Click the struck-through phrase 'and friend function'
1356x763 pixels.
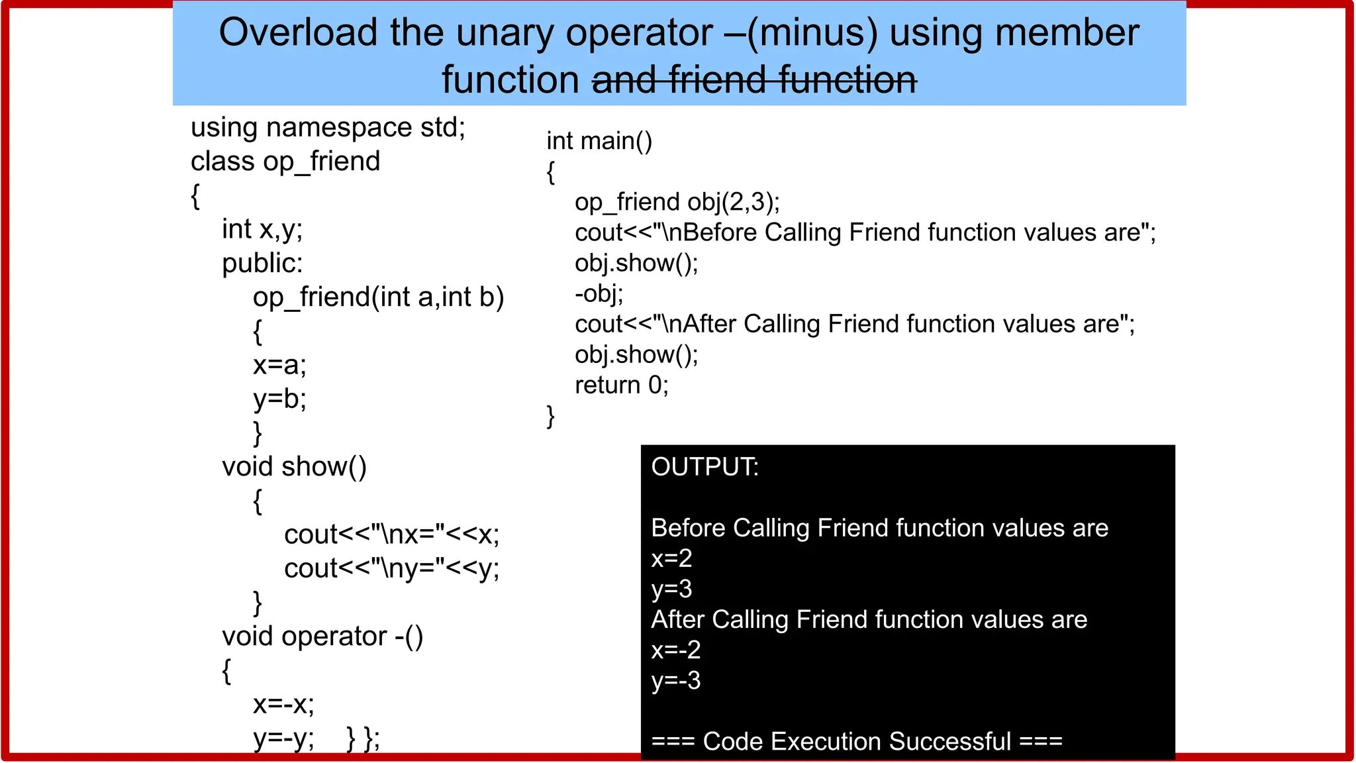tap(753, 80)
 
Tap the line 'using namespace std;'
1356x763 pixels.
tap(328, 127)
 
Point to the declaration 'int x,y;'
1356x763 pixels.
tap(262, 229)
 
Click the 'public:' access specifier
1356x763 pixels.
tap(262, 264)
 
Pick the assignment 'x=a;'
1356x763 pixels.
tap(279, 365)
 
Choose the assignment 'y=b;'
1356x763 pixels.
tap(279, 399)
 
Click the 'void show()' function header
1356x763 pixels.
tap(294, 467)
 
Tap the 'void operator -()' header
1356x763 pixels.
tap(322, 636)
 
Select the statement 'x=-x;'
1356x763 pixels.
tap(283, 704)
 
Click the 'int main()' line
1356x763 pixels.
tap(599, 141)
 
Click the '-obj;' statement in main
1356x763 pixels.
tap(599, 293)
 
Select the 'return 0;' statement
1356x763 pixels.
tap(621, 385)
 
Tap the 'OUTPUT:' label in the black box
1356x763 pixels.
tap(704, 467)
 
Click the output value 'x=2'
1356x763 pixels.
tap(671, 558)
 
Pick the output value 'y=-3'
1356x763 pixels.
tap(675, 680)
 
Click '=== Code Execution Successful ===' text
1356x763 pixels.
tap(857, 741)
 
